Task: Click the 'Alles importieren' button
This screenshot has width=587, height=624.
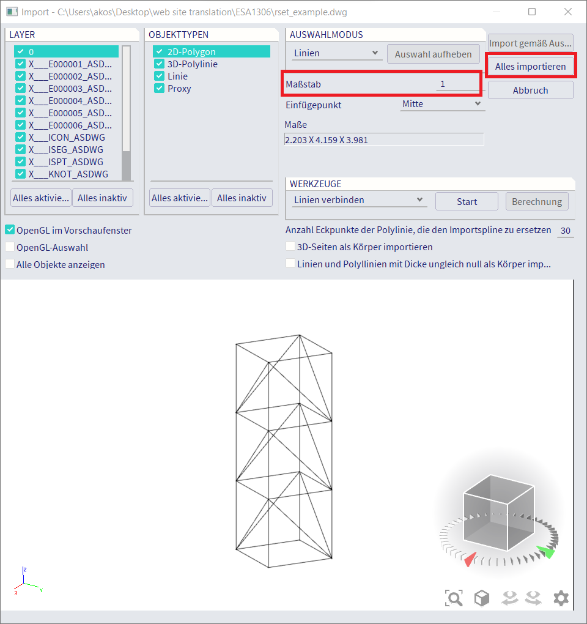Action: tap(530, 65)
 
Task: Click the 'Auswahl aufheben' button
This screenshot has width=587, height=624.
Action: tap(433, 54)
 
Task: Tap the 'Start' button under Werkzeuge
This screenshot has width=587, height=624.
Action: tap(467, 201)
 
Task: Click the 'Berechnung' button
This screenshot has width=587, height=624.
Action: tap(537, 201)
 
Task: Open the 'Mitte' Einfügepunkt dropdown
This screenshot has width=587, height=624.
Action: tap(442, 104)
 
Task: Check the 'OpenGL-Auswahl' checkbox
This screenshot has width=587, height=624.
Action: tap(10, 248)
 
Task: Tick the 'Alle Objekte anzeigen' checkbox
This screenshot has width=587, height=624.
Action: tap(10, 265)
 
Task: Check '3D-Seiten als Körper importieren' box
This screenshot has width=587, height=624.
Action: tap(291, 247)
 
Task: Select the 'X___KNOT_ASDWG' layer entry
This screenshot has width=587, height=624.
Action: tap(68, 174)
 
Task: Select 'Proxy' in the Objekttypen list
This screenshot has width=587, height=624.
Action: tap(179, 89)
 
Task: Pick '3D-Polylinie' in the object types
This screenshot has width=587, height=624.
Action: tap(192, 64)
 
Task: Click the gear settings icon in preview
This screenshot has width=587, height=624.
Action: tap(561, 598)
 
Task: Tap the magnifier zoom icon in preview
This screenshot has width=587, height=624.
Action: tap(454, 598)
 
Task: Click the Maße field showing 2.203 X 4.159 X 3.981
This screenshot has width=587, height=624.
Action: tap(384, 139)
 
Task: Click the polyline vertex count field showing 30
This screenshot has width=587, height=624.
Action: tap(565, 231)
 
